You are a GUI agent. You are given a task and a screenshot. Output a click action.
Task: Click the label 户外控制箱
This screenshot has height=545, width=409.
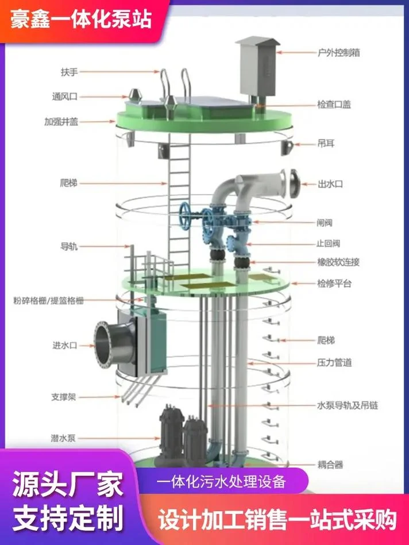[338, 53]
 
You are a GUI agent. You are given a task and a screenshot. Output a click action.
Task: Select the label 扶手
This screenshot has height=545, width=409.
[69, 72]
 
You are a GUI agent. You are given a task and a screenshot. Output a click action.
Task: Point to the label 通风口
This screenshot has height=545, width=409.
[65, 96]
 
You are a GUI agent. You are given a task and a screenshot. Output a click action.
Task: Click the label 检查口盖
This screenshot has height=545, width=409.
[334, 105]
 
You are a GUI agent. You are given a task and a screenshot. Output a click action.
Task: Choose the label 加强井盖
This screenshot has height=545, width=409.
[61, 122]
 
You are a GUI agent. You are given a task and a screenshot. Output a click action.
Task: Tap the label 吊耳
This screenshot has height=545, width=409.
[326, 143]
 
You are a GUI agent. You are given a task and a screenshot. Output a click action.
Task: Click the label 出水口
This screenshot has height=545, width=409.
[330, 184]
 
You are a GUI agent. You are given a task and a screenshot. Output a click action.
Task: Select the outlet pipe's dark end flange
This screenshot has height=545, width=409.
[294, 184]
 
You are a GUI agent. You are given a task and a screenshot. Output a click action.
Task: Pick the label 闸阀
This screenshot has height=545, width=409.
[324, 222]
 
